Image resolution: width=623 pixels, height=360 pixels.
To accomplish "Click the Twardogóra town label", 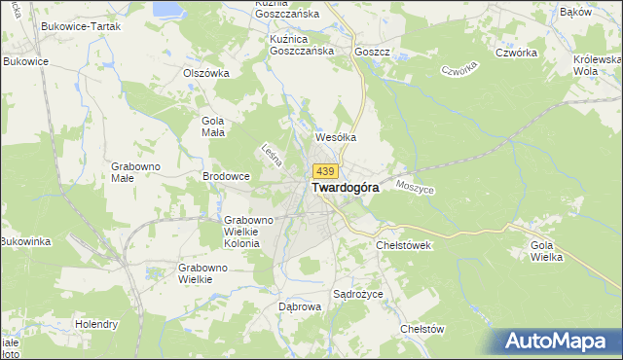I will point(345,189).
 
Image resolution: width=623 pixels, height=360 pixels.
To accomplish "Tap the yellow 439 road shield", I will point(326,171).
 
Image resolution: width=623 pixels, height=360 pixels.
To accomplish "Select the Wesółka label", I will point(335,138).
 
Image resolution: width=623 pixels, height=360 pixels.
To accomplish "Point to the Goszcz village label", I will point(373,52).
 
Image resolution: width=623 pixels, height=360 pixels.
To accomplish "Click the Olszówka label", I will point(205,72).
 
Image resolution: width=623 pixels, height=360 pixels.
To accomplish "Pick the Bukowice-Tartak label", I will point(81,26).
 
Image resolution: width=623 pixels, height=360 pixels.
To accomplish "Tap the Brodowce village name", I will point(227,176).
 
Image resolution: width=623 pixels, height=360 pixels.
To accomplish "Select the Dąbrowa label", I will point(299,306).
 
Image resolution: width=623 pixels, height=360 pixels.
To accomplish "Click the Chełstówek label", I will point(403,245).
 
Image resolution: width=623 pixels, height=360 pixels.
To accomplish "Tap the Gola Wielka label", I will point(548,252).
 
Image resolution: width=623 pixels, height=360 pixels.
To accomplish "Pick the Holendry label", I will point(96,324).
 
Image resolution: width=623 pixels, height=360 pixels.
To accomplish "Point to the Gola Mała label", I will point(212,126).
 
